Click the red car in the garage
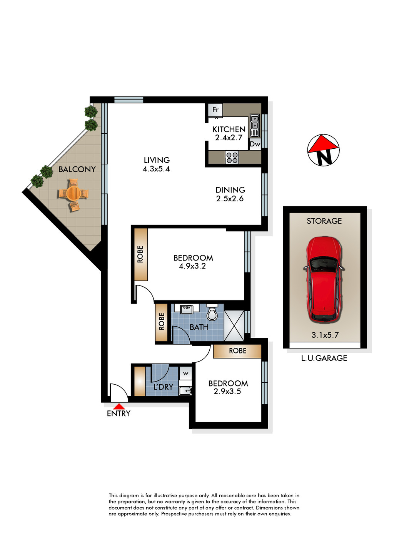tap(324, 279)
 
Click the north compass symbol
tap(323, 150)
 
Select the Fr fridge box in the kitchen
tap(215, 110)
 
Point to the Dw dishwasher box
tap(255, 144)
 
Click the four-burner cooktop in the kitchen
tap(232, 158)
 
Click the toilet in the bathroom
tap(212, 312)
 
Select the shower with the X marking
tap(234, 326)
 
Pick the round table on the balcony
tap(73, 193)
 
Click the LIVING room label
tap(157, 160)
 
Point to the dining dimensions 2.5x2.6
tap(230, 199)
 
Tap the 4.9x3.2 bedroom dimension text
tap(192, 266)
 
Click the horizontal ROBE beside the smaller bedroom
tap(237, 351)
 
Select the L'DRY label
tap(163, 387)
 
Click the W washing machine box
tap(185, 373)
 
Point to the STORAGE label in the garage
tap(324, 221)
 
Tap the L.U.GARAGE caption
tap(324, 358)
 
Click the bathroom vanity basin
tap(187, 309)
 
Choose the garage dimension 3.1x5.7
tap(325, 335)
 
